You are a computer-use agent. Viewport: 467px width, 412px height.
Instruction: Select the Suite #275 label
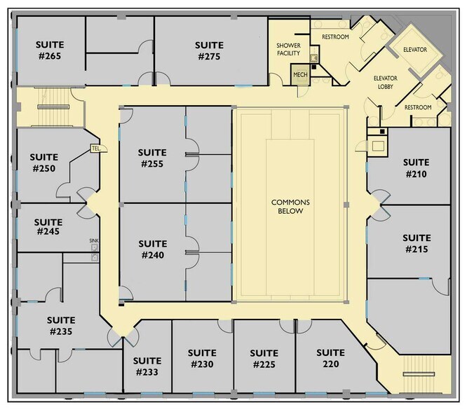[210, 50]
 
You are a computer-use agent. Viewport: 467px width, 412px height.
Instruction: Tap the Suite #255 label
[152, 158]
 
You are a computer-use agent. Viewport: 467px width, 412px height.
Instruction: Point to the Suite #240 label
[152, 249]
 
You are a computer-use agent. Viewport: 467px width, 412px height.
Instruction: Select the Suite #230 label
[203, 358]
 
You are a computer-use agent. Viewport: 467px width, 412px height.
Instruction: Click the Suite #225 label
[264, 358]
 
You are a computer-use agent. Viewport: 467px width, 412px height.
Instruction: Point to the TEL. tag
[97, 149]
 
